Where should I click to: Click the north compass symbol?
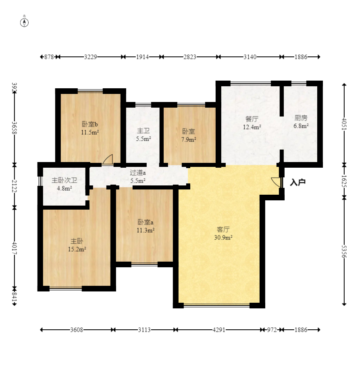(x=24, y=22)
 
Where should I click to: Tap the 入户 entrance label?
(x=298, y=182)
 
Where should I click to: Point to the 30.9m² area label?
(x=223, y=238)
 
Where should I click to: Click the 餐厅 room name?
(x=252, y=119)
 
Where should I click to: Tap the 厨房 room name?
(x=301, y=118)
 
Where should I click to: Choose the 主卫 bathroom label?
(x=144, y=131)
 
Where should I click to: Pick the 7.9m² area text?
(x=189, y=139)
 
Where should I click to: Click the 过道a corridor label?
(x=138, y=173)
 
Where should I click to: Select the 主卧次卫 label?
(x=64, y=180)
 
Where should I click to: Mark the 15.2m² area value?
(x=77, y=249)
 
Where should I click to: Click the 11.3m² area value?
(x=146, y=230)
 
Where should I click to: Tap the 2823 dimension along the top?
(x=190, y=57)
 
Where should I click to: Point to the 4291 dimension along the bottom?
(x=219, y=330)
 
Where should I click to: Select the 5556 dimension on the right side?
(x=344, y=252)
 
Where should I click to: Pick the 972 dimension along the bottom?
(x=272, y=330)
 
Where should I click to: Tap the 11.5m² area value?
(x=90, y=132)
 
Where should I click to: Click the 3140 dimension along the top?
(x=250, y=57)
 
